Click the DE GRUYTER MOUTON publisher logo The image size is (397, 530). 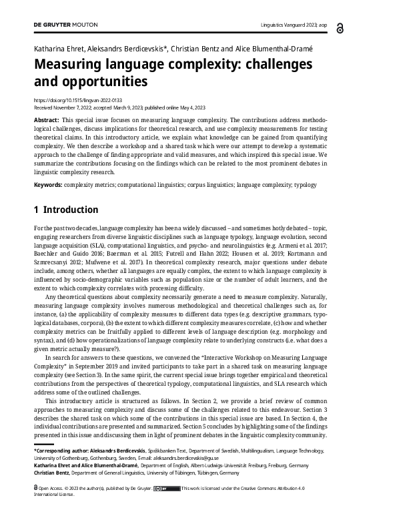[65, 24]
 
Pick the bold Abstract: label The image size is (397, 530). [46, 119]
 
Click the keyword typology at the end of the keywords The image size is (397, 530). [304, 185]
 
